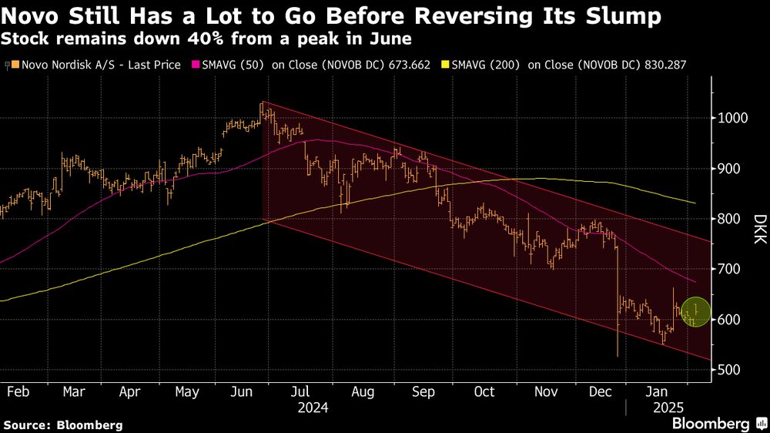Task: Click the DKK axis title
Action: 758,229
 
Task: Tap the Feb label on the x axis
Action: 18,391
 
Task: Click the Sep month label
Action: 423,391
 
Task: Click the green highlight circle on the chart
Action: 695,312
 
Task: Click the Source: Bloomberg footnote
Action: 63,425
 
